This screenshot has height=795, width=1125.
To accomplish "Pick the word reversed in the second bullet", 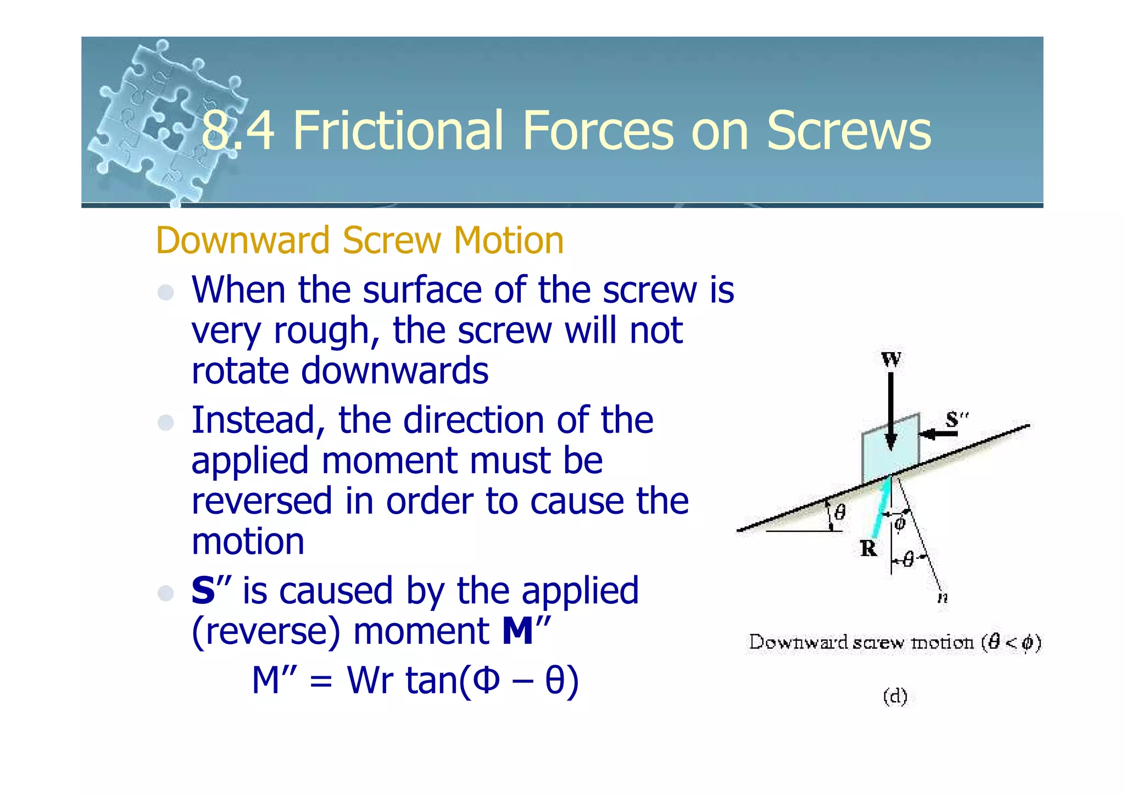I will tap(261, 501).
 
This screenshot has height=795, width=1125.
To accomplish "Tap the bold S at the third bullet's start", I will tap(203, 591).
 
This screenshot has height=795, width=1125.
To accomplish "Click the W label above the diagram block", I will tap(890, 360).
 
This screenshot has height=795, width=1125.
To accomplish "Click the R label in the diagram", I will tap(868, 548).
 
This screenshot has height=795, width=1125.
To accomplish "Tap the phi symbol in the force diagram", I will tap(899, 523).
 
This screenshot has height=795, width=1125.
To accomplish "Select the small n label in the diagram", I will tap(943, 598).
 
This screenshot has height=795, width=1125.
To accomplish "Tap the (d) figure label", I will tap(895, 697).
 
